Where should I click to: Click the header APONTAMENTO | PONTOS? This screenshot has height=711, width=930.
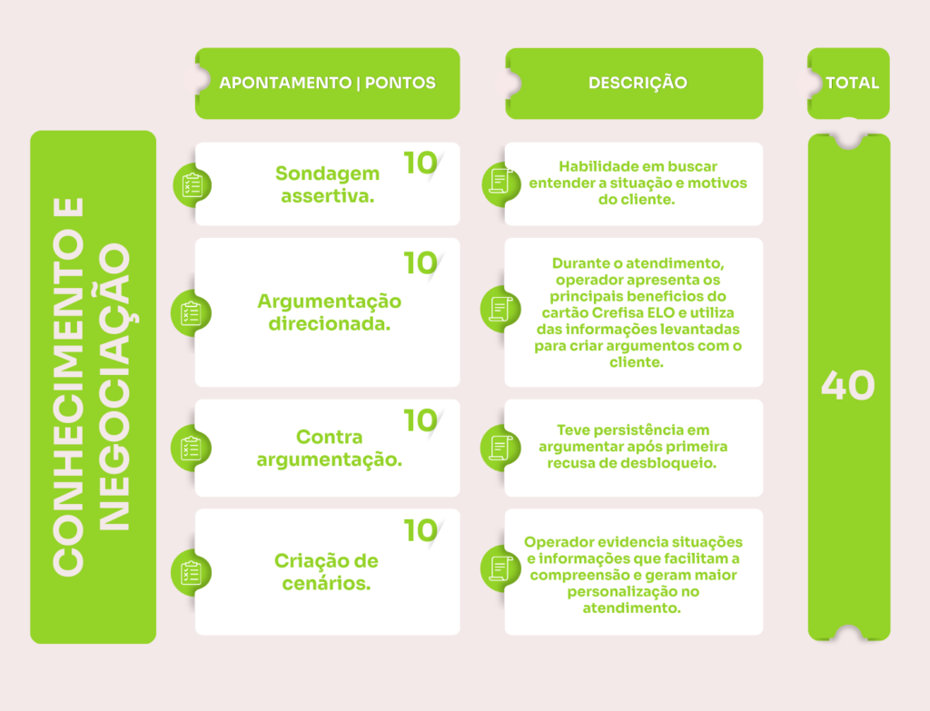coord(327,83)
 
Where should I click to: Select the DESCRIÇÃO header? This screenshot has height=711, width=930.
coord(638,83)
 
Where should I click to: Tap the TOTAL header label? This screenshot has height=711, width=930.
coord(852,83)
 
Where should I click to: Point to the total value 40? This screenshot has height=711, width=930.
coord(848,385)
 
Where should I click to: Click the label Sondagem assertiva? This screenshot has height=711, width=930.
coord(327,184)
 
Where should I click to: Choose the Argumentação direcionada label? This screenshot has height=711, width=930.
coord(329,312)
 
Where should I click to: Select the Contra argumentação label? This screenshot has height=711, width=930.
coord(329,448)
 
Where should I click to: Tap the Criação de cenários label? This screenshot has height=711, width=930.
coord(326,572)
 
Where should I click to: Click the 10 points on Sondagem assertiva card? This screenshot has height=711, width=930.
coord(420,163)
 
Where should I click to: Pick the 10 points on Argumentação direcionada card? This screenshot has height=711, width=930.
coord(420,263)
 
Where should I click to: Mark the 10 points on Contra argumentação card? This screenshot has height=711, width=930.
coord(420,421)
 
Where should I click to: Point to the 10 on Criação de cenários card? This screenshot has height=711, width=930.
coord(420,530)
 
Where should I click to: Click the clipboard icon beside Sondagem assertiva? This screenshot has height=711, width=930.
coord(193,185)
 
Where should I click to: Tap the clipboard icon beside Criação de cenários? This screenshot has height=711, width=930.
coord(191,573)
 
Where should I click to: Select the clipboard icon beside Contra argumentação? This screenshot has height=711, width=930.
coord(191,449)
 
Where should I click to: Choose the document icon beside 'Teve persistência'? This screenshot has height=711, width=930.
coord(500,448)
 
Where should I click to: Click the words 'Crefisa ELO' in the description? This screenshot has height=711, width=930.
coord(633,312)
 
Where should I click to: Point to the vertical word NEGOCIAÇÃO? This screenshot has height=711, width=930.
coord(114,386)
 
